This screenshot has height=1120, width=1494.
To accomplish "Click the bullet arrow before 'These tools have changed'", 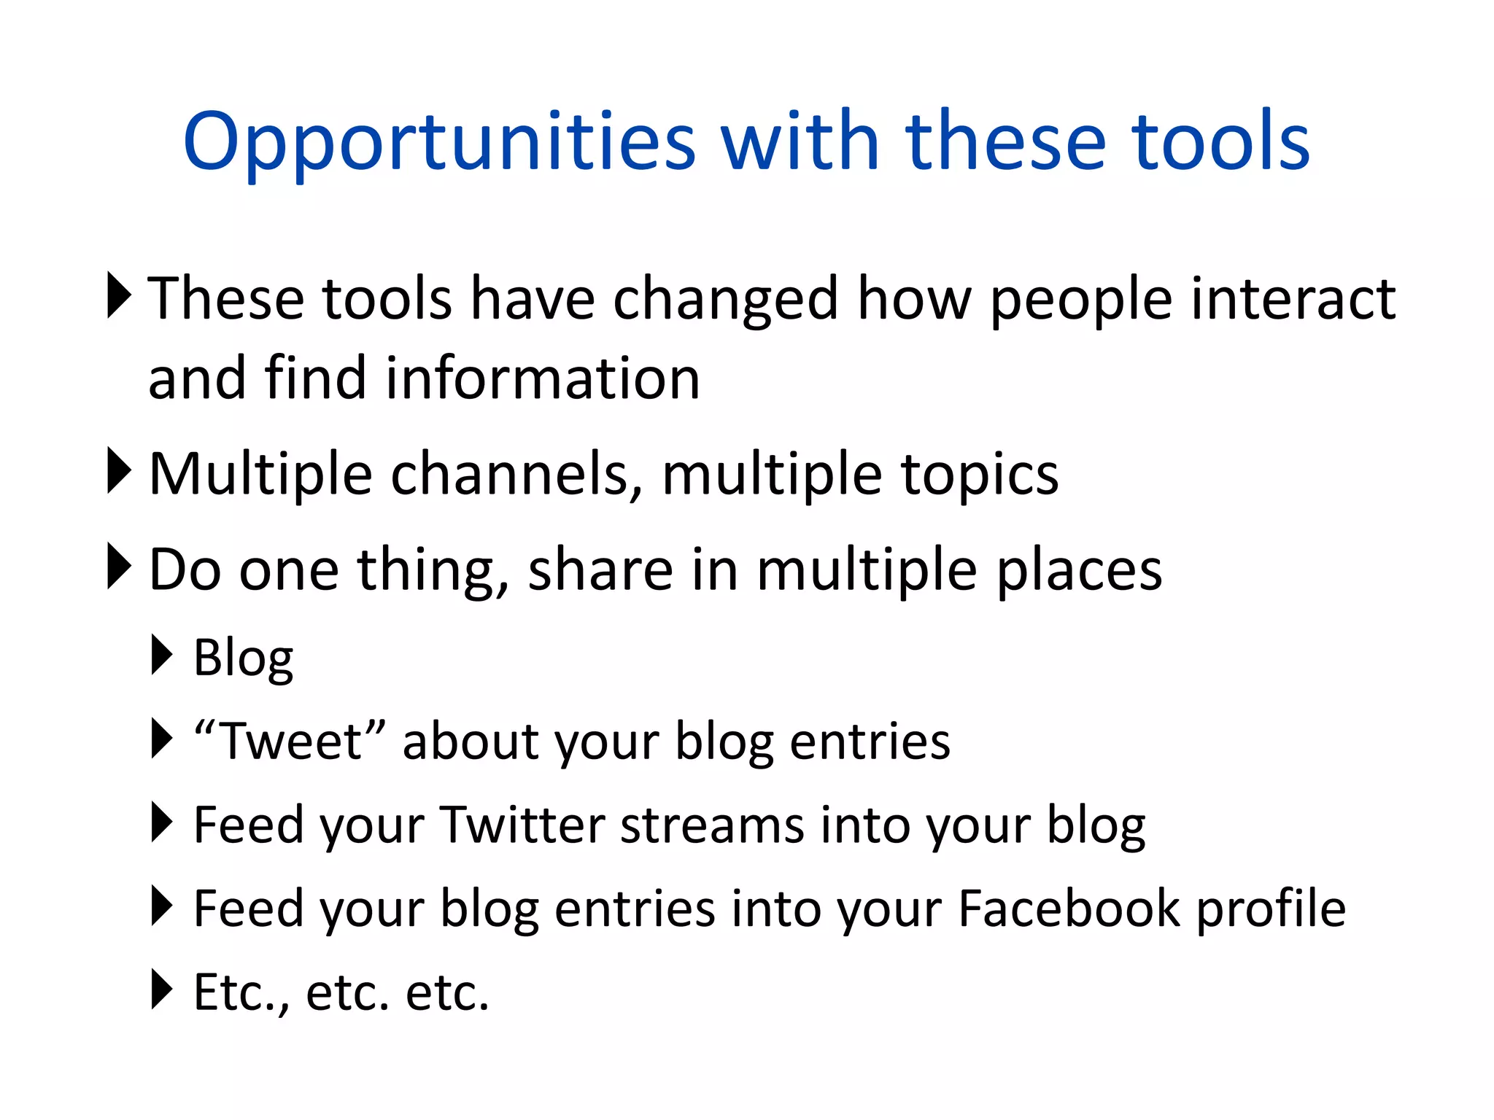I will point(118,295).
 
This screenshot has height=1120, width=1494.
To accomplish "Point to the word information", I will point(543,379).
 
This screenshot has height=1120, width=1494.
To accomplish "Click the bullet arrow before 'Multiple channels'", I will point(118,470).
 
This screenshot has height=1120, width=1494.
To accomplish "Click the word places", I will point(1079,571).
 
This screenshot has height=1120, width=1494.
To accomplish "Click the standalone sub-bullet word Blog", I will point(243,658).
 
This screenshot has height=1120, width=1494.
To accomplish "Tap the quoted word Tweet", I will point(290,742).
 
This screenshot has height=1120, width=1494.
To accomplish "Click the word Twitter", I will point(523,825).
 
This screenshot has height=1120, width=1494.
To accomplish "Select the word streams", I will point(712,825).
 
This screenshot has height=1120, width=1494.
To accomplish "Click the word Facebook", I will point(1069,909).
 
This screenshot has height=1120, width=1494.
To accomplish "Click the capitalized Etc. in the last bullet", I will point(240,993).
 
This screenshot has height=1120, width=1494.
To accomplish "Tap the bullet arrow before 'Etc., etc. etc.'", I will point(161,989).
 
